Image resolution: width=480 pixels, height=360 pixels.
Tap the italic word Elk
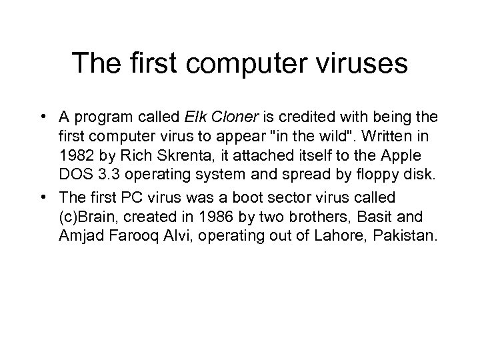tap(193, 118)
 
